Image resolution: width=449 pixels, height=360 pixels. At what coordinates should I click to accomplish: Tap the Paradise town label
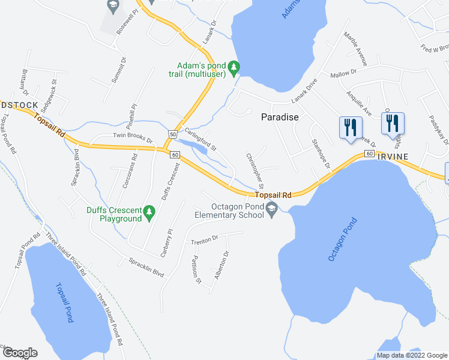click(x=280, y=118)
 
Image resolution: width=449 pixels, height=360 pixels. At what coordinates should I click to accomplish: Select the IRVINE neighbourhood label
click(x=393, y=157)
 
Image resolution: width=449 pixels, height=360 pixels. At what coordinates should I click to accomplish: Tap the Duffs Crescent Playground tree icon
click(x=150, y=211)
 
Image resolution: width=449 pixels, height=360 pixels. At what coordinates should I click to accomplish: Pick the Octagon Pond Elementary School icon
click(x=272, y=209)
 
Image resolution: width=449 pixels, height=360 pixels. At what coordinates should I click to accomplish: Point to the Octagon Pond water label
click(x=343, y=239)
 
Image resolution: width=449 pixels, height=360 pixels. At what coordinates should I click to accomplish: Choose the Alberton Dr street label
click(x=222, y=265)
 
